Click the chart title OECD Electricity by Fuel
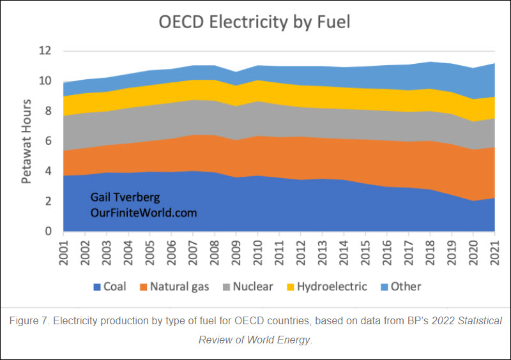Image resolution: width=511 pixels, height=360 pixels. pos(254,22)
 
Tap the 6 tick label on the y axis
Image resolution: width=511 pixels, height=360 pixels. pos(49,141)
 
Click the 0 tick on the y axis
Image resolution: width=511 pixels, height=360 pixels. pos(49,232)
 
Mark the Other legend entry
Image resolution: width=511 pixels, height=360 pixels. pos(402,287)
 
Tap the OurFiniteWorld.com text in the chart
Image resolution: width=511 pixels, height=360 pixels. pos(143,213)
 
